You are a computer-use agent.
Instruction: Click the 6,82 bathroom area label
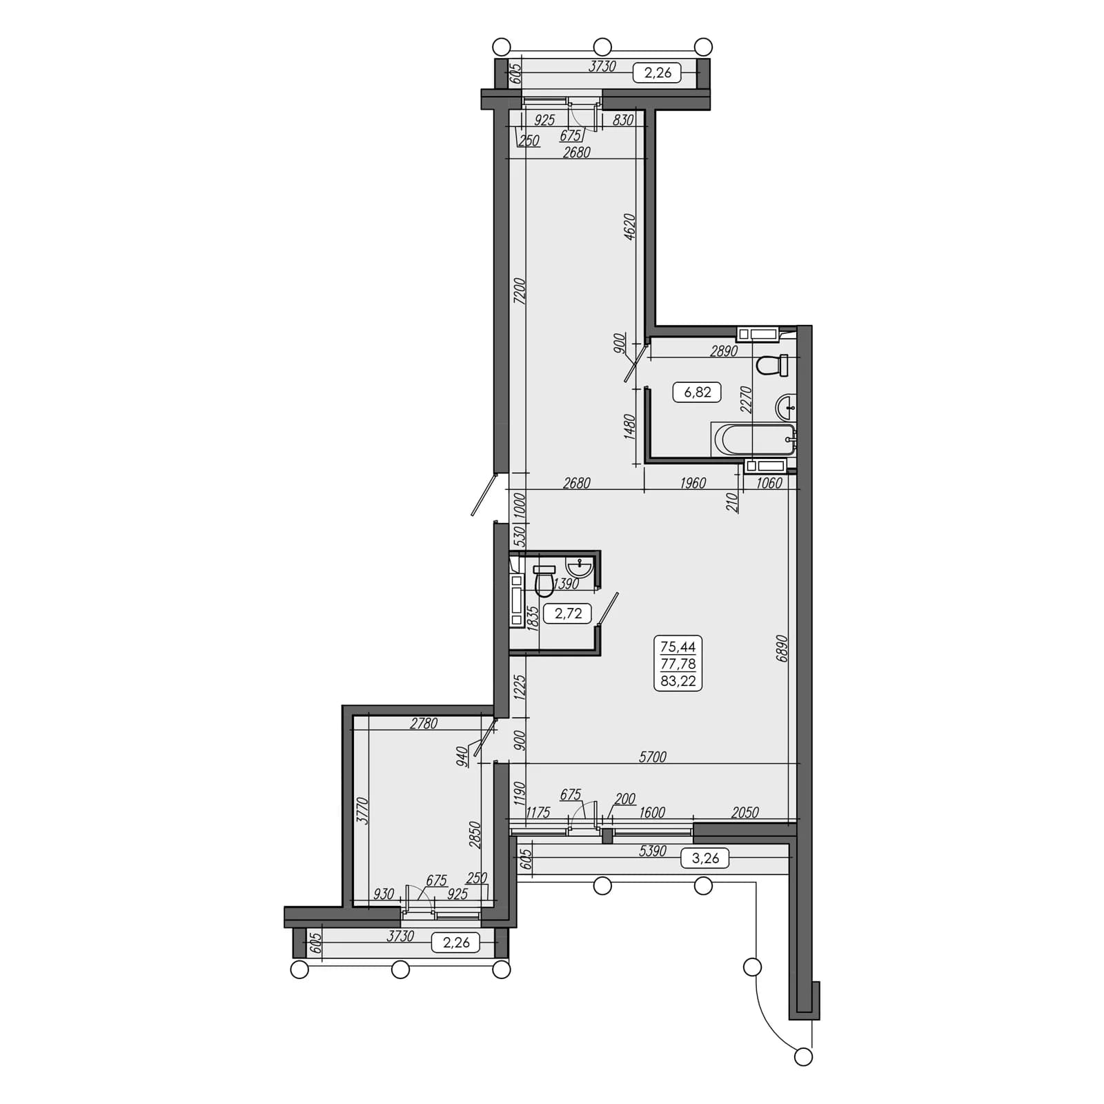(697, 393)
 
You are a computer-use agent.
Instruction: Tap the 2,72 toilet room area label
(568, 613)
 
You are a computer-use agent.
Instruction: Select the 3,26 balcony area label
(705, 858)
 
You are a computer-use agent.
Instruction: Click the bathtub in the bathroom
(753, 440)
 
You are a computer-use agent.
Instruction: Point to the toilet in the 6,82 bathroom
(773, 365)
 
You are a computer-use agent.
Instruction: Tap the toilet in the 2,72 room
(544, 580)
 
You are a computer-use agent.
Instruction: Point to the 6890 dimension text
(782, 649)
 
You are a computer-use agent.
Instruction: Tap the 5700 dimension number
(652, 757)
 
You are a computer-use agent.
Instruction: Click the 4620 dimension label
(629, 227)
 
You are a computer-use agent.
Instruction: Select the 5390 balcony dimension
(652, 851)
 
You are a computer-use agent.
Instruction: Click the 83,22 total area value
(678, 681)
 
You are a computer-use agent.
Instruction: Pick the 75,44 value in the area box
(678, 647)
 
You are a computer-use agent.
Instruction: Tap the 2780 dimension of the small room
(424, 724)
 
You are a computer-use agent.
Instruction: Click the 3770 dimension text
(364, 811)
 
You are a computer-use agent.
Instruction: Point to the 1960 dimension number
(693, 483)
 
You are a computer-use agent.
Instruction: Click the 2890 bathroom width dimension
(724, 351)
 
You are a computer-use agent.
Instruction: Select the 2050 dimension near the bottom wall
(745, 812)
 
